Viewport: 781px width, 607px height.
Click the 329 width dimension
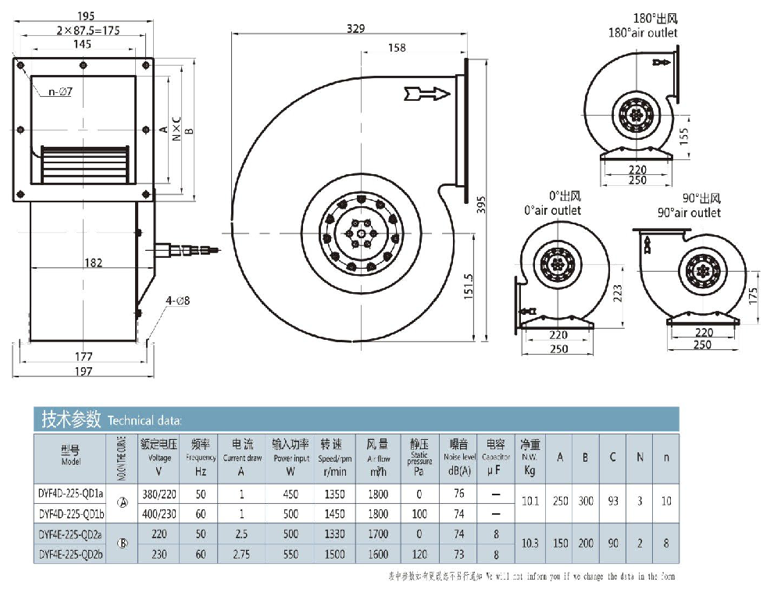[x=355, y=29]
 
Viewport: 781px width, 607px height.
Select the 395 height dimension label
[x=482, y=204]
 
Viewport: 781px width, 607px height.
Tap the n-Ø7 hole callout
[x=60, y=92]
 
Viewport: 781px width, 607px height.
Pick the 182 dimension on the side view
[x=93, y=263]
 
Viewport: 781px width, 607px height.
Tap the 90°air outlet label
[x=689, y=212]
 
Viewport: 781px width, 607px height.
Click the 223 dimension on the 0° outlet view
[x=617, y=292]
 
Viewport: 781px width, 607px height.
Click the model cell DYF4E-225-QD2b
[x=71, y=554]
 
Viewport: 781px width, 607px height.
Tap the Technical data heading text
[x=144, y=420]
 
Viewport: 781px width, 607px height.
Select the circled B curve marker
[x=122, y=544]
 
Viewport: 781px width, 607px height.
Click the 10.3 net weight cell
[x=530, y=544]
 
